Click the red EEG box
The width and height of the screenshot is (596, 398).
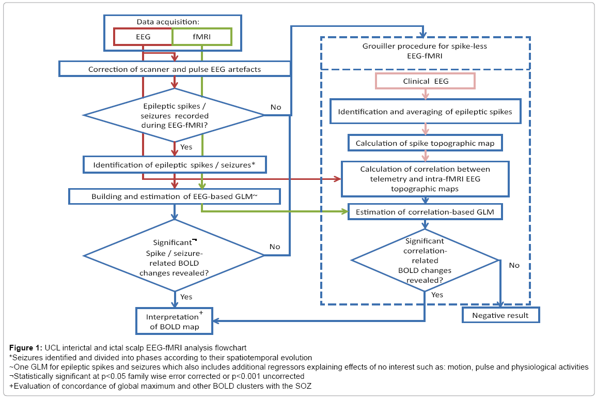coord(143,37)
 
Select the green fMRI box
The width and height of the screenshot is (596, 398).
coord(202,37)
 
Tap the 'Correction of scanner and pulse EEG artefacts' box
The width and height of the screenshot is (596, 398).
coord(175,69)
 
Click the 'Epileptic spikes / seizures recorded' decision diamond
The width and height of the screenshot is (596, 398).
coord(174,115)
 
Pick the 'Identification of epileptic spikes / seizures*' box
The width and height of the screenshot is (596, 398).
coord(175,165)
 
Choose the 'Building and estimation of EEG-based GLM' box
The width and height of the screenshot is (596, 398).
coord(175,196)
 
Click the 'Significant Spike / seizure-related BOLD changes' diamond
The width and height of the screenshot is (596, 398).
coord(174,256)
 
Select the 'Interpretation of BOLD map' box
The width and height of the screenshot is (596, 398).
coord(175,321)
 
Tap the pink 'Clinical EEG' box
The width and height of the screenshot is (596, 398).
coord(426,81)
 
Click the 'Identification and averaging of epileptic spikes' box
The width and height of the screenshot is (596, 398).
coord(426,112)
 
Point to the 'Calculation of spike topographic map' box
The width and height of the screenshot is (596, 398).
coord(426,143)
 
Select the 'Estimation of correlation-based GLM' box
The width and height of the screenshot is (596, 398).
coord(426,212)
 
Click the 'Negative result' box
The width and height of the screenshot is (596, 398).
coord(500,315)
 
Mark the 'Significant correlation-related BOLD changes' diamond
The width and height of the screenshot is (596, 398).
coord(425,261)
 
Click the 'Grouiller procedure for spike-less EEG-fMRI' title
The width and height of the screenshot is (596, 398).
coord(425,51)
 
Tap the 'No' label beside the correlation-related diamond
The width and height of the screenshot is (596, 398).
coord(514,265)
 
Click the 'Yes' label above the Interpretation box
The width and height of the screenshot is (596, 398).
coord(186,297)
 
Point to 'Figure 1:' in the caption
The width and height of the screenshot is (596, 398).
coord(26,348)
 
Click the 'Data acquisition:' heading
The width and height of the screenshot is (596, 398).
coord(168,22)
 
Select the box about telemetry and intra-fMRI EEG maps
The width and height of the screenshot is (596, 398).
coord(426,179)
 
